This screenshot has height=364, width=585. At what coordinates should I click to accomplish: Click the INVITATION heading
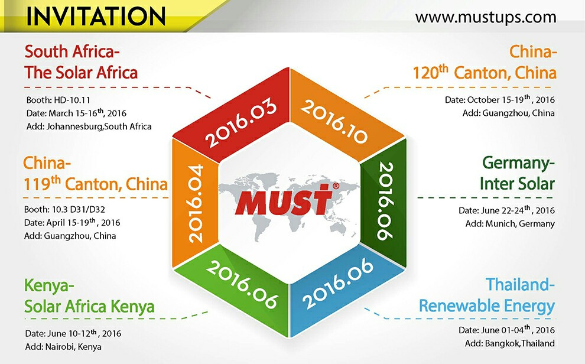click(x=96, y=16)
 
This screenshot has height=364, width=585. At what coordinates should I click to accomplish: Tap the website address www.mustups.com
click(x=486, y=17)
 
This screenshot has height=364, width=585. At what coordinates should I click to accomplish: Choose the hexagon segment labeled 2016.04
click(x=195, y=203)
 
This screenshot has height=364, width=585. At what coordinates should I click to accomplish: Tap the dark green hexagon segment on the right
click(x=384, y=201)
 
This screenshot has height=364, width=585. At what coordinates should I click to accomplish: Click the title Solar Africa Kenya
click(x=90, y=307)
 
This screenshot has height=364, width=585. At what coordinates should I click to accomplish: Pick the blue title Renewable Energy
click(x=487, y=306)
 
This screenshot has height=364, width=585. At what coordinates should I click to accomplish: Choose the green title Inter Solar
click(x=517, y=184)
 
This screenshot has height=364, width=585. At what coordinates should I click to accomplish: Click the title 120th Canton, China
click(x=485, y=72)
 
